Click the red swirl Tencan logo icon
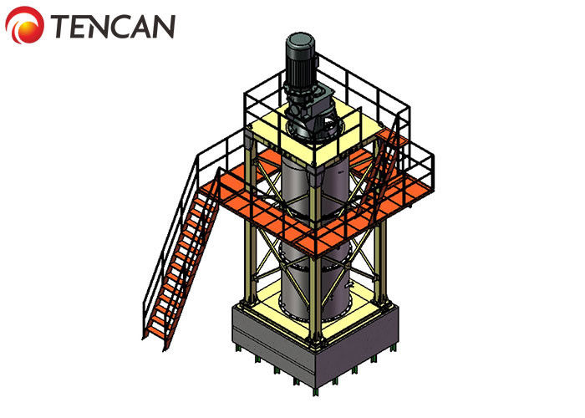click(24, 25)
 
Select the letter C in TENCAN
click(119, 26)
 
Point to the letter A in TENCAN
click(141, 27)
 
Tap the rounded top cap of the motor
click(301, 40)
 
